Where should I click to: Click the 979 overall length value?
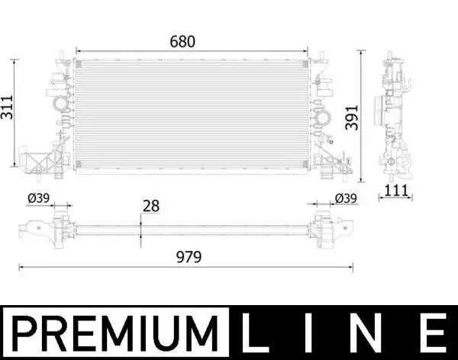click(x=187, y=256)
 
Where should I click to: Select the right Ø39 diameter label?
click(x=345, y=198)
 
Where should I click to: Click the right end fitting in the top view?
click(x=330, y=227)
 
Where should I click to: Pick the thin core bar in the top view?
click(x=191, y=227)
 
